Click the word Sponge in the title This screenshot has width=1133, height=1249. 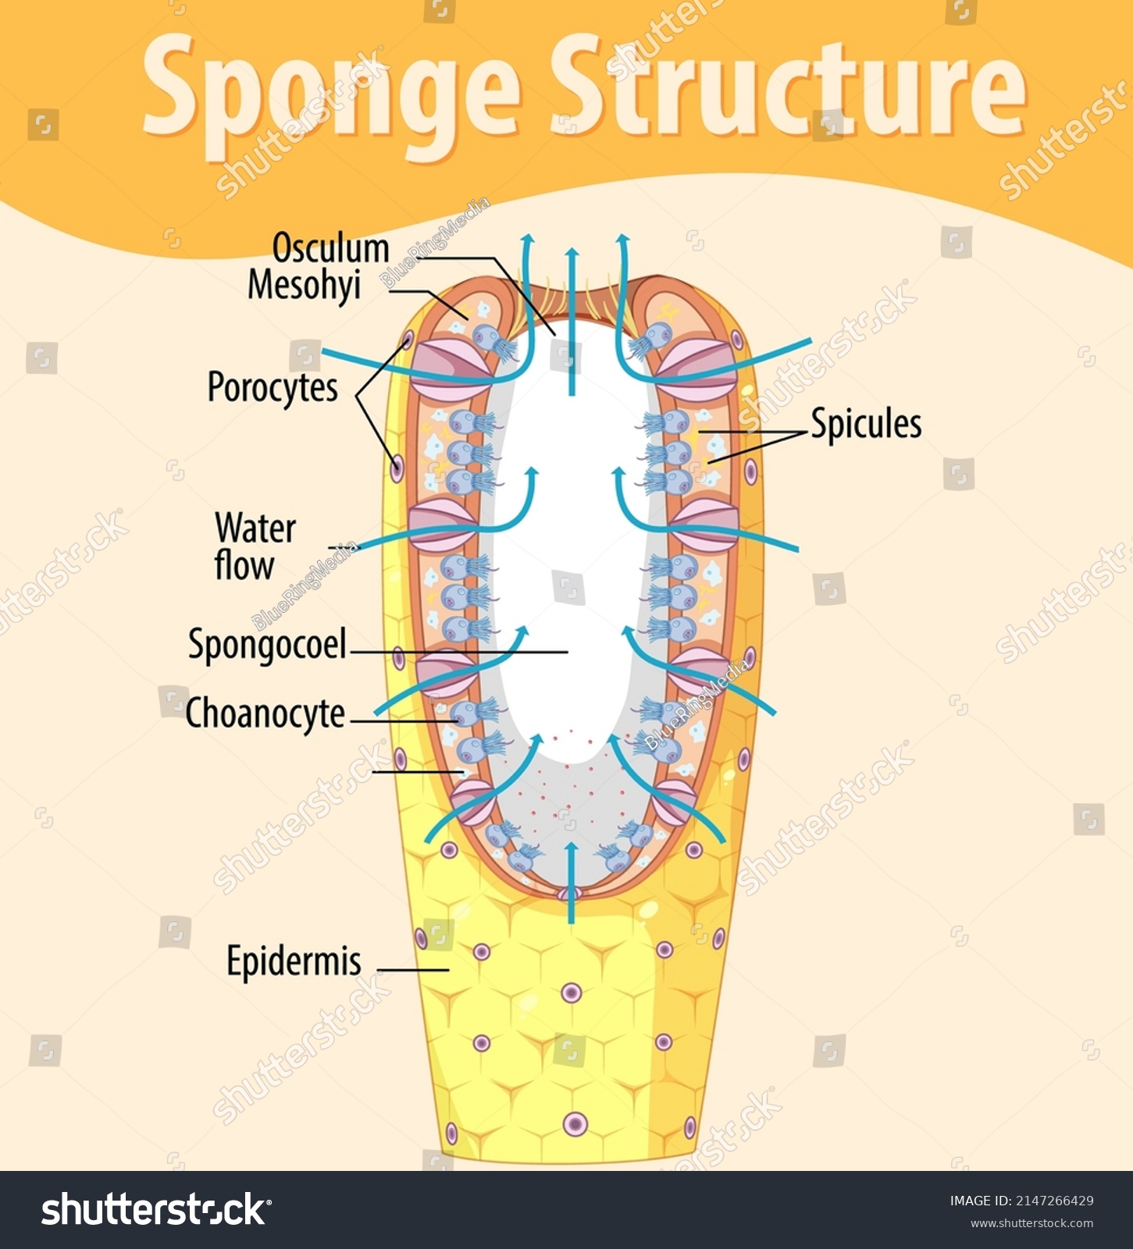(331, 91)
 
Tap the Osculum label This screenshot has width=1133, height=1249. (330, 249)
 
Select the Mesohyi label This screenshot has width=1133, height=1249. (305, 285)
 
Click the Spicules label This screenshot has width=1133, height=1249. (866, 424)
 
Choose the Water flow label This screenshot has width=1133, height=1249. (255, 547)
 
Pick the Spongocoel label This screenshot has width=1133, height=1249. (267, 646)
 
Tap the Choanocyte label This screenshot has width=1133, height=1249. (265, 713)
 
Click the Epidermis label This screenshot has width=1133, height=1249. (294, 961)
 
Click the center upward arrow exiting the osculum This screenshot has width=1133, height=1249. (572, 320)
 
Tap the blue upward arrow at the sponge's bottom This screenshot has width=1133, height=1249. (572, 882)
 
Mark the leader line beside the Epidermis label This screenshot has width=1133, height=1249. (413, 970)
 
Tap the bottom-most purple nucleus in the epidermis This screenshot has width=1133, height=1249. (575, 1124)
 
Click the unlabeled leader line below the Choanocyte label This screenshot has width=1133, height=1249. (418, 772)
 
